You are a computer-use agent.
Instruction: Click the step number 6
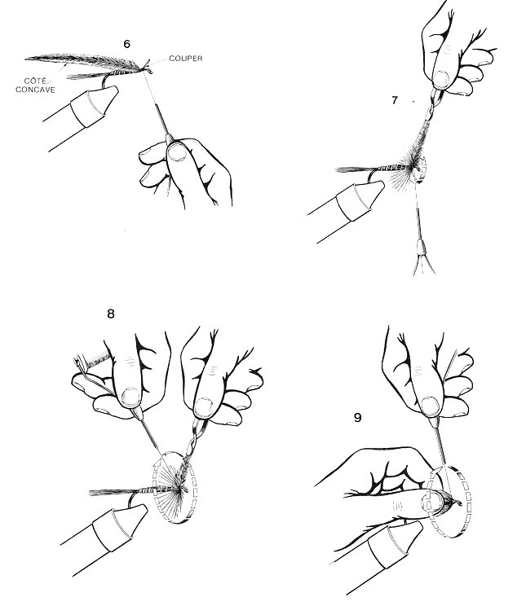point(127,44)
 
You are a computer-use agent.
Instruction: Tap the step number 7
point(395,100)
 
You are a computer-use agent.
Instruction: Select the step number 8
point(111,314)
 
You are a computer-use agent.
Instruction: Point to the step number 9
point(358,418)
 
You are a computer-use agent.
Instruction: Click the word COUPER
point(186,59)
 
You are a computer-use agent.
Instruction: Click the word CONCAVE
point(35,90)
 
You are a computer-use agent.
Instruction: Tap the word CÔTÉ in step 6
point(35,81)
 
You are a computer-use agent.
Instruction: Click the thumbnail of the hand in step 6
point(178,151)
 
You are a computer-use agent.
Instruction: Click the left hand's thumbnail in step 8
point(130,397)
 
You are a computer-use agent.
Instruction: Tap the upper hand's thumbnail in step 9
point(430,406)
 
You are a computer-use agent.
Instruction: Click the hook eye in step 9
point(459,503)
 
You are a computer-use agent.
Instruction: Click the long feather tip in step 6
point(26,59)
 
